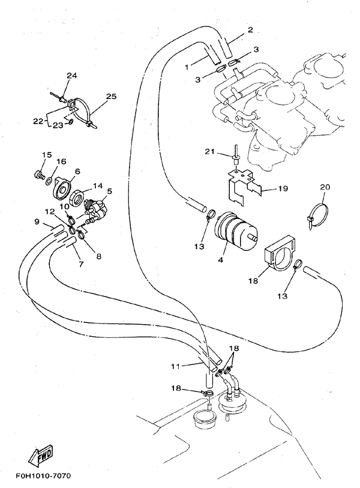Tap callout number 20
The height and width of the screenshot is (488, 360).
pyautogui.click(x=325, y=187)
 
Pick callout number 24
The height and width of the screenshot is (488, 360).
pyautogui.click(x=71, y=76)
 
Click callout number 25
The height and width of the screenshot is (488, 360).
pyautogui.click(x=111, y=96)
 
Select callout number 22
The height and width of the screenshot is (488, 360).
pyautogui.click(x=38, y=121)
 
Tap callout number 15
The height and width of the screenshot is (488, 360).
pyautogui.click(x=46, y=155)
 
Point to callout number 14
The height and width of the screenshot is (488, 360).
pyautogui.click(x=98, y=186)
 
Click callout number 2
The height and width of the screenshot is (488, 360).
pyautogui.click(x=250, y=29)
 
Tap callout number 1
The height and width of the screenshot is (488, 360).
pyautogui.click(x=187, y=67)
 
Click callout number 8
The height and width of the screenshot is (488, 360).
pyautogui.click(x=98, y=256)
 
